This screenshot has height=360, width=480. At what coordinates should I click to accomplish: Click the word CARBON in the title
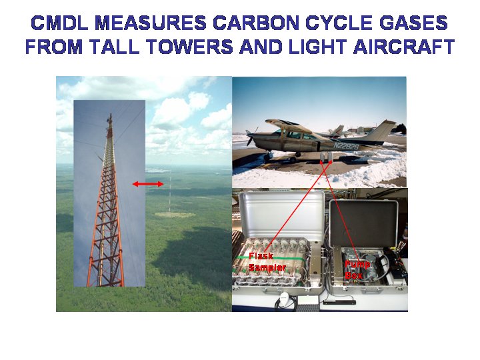coord(256,23)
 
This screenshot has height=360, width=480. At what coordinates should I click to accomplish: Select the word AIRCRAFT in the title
coord(404,47)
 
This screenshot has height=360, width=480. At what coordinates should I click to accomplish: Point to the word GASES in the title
coord(413,23)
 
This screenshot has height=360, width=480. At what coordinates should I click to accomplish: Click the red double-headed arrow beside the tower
coord(148,184)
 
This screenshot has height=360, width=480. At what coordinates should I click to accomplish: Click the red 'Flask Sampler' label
coord(267,262)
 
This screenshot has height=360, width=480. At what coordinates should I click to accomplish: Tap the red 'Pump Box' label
coord(357,270)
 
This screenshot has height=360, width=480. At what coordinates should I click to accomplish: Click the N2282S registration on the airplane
coord(346,146)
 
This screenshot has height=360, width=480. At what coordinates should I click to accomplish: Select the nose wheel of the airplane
coord(267,157)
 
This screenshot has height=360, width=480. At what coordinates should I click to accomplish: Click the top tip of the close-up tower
coord(111,113)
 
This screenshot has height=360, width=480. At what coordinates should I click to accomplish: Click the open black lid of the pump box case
coord(364,223)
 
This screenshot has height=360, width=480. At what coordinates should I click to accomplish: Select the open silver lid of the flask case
coord(281,214)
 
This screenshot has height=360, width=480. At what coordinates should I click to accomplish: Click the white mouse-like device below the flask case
coord(283,296)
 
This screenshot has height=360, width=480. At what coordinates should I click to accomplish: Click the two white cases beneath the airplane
coord(327,157)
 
